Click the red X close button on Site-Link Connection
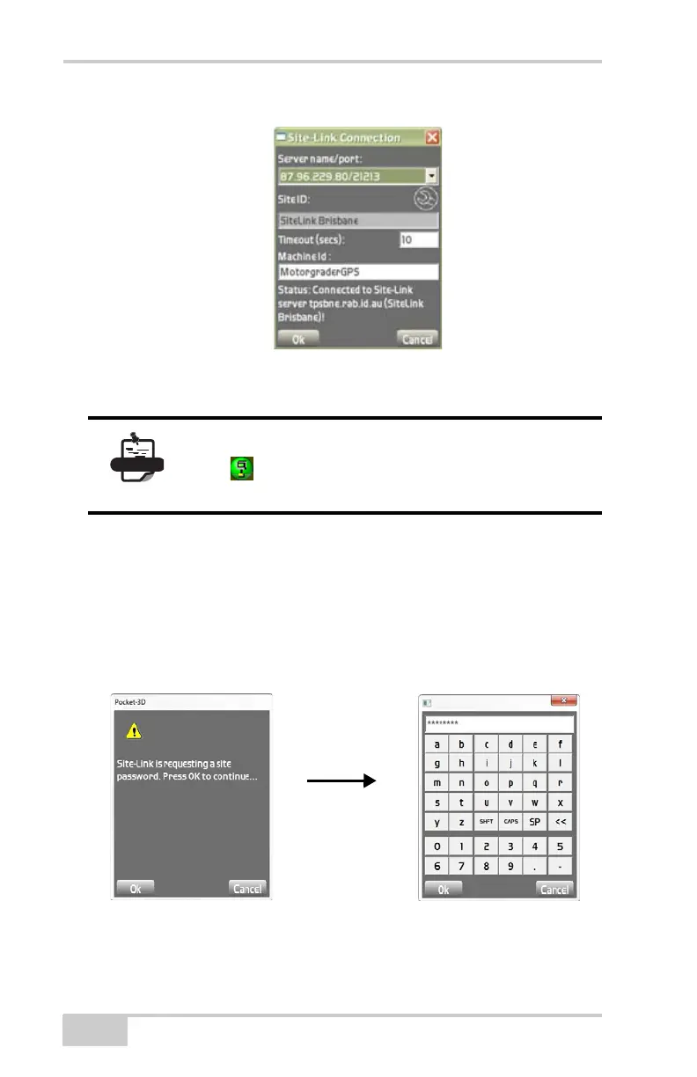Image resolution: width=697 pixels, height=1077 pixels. coord(432,137)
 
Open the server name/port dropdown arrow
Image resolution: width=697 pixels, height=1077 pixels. coord(431,175)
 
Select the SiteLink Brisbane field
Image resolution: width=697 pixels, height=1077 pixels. coord(357,221)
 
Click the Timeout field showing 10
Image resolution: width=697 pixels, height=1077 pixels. coord(419,239)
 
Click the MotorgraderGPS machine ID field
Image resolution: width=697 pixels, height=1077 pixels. coord(357,273)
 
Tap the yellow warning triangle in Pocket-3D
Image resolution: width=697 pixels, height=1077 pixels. coord(134,729)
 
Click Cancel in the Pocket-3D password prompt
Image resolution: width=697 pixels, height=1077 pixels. coord(246,888)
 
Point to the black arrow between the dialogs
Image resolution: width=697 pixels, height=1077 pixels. coord(342,780)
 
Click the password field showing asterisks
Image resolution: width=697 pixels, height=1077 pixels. coord(498,723)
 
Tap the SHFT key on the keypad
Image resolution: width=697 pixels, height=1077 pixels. coord(485,821)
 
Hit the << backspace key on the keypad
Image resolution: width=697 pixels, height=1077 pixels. coord(560,821)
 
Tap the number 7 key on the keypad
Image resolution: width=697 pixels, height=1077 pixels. coord(460,867)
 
